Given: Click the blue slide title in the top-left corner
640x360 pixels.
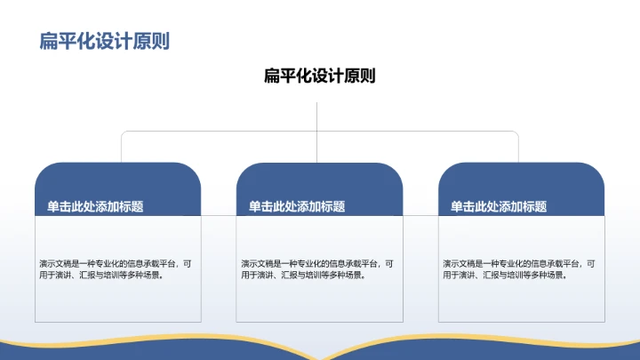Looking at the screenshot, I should click(105, 41).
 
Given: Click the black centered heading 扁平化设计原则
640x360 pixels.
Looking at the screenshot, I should click(319, 76).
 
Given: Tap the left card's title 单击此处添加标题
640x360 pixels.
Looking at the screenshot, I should click(96, 206).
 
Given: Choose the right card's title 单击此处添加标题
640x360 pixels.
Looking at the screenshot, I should click(499, 206).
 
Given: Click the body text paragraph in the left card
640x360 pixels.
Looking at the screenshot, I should click(116, 268).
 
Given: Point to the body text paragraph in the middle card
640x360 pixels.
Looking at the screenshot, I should click(317, 268).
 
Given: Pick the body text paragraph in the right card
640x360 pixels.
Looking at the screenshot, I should click(519, 268).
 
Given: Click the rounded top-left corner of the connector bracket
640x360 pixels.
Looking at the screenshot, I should click(124, 134).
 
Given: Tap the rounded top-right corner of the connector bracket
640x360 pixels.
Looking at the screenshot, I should click(516, 134).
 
